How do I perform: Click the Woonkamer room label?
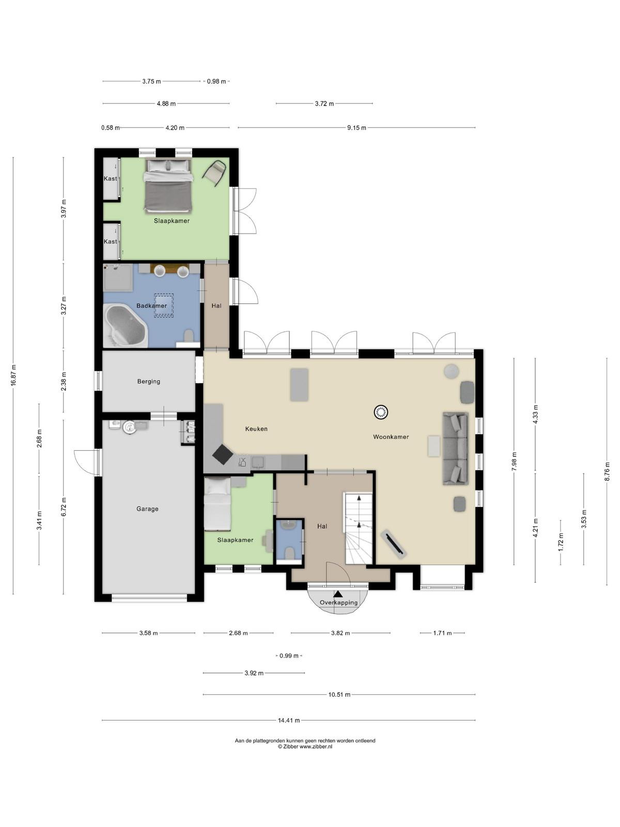click(x=391, y=437)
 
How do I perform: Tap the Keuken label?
click(x=256, y=429)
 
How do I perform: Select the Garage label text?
click(x=147, y=509)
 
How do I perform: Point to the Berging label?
click(x=149, y=381)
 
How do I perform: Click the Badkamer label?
click(x=152, y=305)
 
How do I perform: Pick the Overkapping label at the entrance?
click(x=338, y=603)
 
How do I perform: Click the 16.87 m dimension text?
click(x=13, y=375)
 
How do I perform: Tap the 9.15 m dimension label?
click(x=357, y=128)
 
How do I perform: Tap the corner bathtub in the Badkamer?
click(x=126, y=326)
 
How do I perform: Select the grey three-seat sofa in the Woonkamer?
click(x=455, y=448)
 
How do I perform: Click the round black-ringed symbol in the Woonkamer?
click(x=381, y=412)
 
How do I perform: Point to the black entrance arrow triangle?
click(x=338, y=594)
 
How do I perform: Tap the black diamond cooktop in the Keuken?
click(x=223, y=455)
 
